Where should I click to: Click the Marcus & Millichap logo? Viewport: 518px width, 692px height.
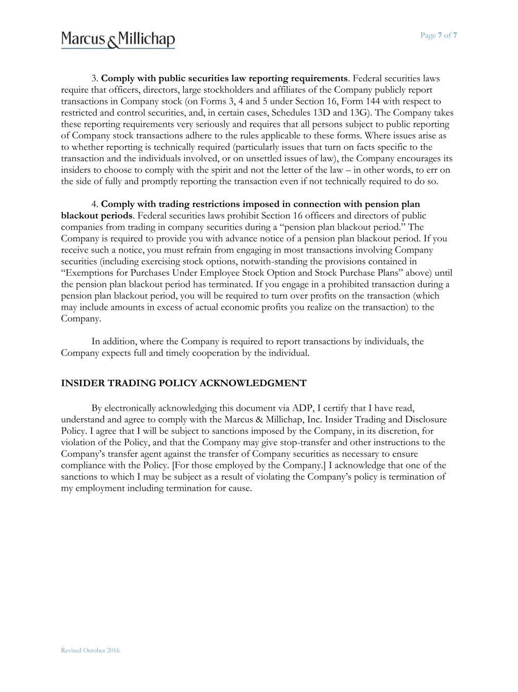point(118,40)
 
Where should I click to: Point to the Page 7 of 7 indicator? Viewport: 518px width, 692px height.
point(439,35)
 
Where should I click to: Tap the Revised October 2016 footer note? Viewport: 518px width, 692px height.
point(90,650)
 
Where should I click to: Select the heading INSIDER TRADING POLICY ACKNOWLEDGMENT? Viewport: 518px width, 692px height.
point(183,383)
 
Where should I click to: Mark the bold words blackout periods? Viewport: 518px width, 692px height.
point(97,216)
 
